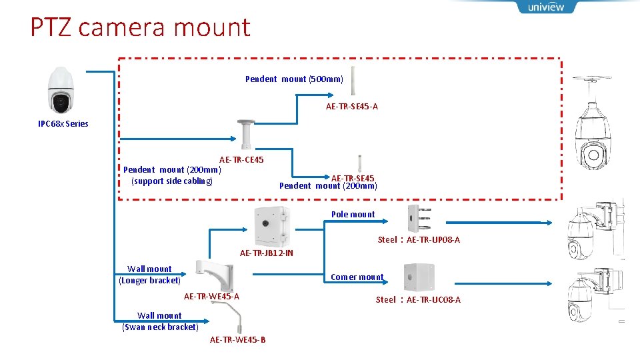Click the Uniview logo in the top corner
pos(545,7)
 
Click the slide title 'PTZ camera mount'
pos(140,27)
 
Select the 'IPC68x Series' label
pos(63,123)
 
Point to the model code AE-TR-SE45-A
pos(352,107)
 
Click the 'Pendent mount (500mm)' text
pos(294,79)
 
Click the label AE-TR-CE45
pos(241,160)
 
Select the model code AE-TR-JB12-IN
pos(267,253)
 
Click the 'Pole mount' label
pos(353,215)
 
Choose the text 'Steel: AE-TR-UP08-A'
pos(419,240)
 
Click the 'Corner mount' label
pos(357,277)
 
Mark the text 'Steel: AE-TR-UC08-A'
pos(418,300)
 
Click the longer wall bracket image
pos(213,271)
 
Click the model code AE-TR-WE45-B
pos(237,340)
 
